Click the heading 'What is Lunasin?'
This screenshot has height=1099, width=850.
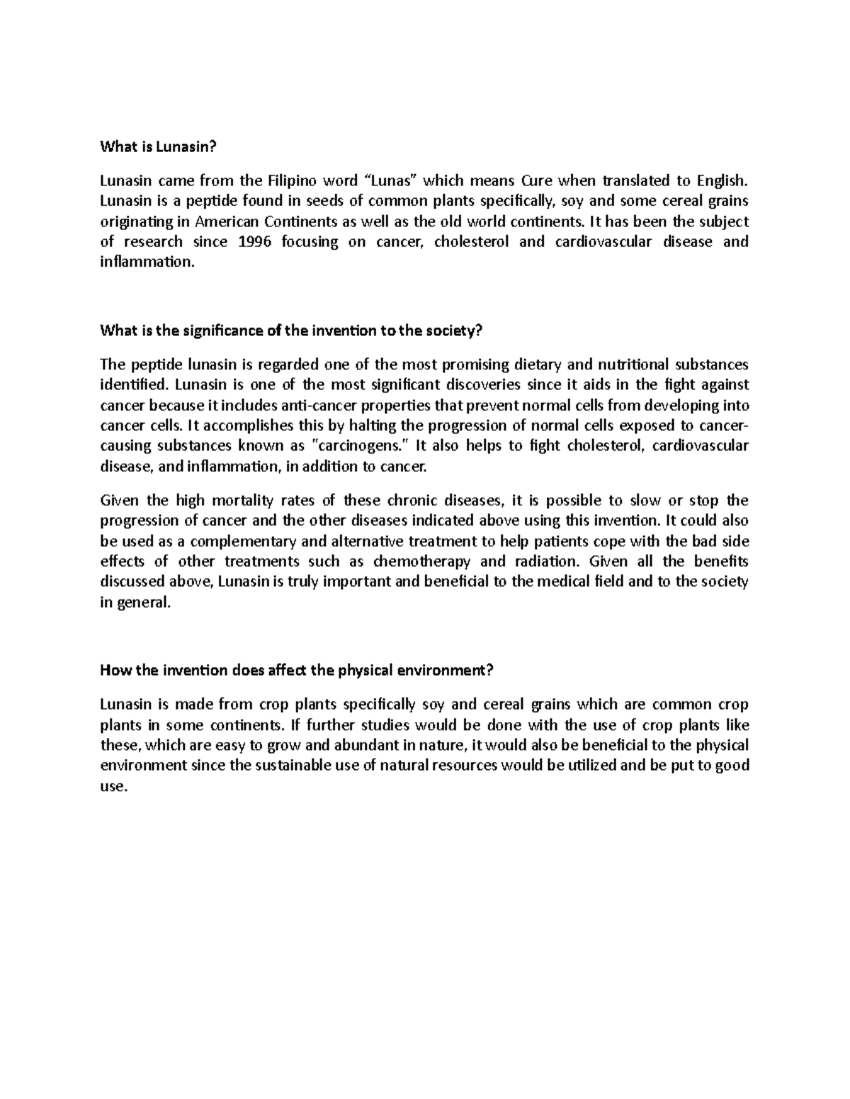(157, 146)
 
